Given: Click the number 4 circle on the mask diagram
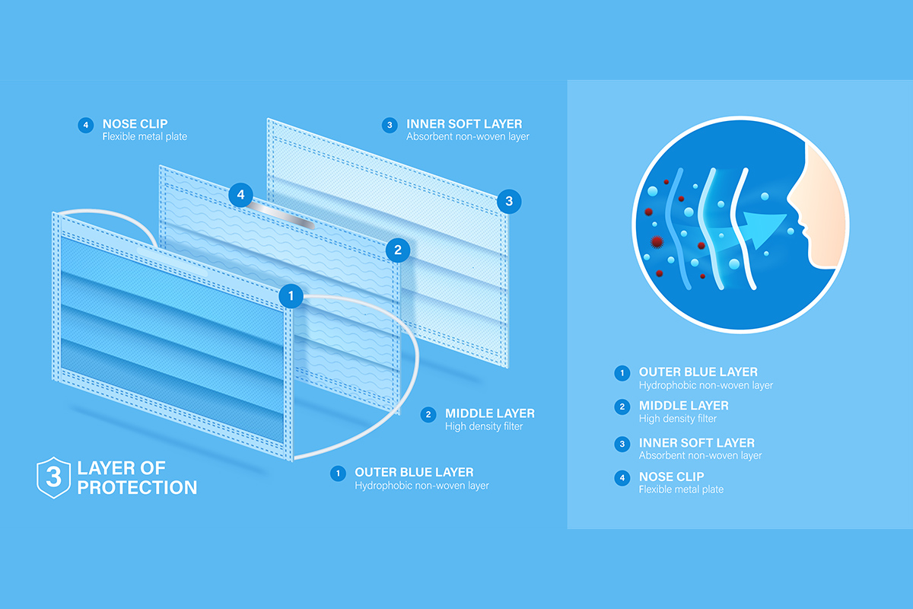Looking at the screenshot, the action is [241, 195].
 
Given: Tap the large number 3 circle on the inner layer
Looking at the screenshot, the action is [509, 201].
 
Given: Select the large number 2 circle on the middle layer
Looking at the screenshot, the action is [398, 250].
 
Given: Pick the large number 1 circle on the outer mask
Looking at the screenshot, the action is [291, 295].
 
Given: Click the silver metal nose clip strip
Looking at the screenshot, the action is [282, 215].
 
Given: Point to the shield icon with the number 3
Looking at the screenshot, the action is [53, 477].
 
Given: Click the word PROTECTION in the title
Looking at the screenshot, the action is [138, 488].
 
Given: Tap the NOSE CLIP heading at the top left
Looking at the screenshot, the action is [135, 123].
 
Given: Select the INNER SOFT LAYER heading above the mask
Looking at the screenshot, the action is [464, 123].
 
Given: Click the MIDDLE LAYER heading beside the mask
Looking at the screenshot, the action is [490, 413].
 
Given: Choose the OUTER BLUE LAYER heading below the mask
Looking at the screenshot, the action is [414, 472].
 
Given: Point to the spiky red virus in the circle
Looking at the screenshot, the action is [657, 242].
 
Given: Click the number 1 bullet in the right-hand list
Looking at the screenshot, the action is [622, 373].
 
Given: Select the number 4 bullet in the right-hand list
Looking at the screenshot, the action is [622, 477].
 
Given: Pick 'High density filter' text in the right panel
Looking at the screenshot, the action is [677, 419].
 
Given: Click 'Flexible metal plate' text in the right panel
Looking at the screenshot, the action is [681, 489].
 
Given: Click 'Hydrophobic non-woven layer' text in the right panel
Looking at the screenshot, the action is [705, 385].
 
